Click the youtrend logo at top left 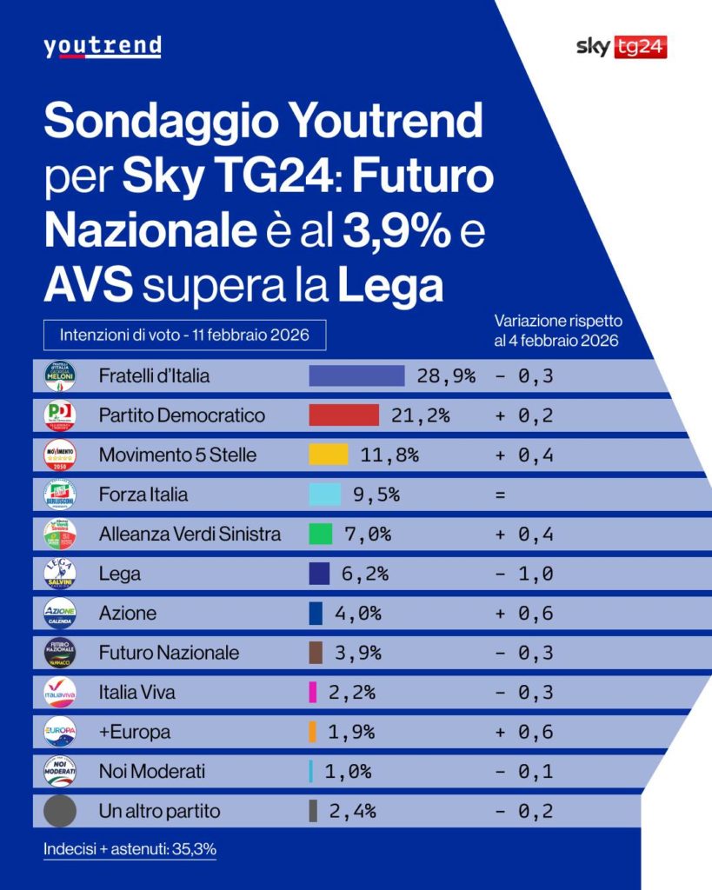102,47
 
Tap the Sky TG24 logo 621,48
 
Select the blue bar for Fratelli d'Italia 356,375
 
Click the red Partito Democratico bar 343,415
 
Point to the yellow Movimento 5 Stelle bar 329,455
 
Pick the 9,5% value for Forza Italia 376,495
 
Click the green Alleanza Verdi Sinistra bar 320,535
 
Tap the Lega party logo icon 60,574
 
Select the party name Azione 128,614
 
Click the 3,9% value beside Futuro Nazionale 357,653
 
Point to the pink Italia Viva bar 312,693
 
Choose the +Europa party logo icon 60,732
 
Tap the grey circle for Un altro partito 60,811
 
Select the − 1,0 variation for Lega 524,574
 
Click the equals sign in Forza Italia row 500,495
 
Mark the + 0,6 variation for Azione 524,614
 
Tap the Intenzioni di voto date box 184,335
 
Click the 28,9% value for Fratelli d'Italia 446,375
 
